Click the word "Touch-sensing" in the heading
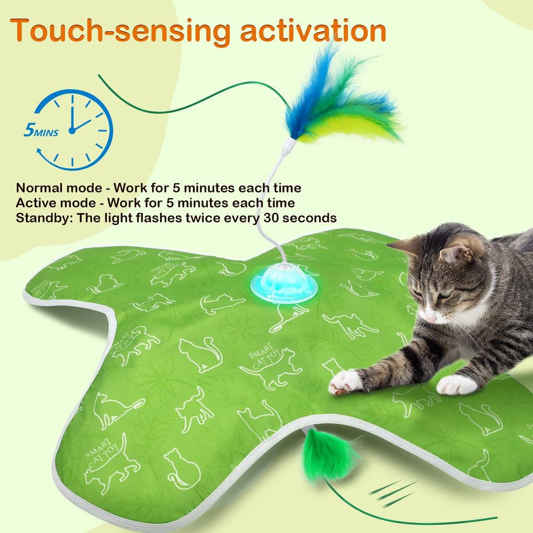(x=120, y=31)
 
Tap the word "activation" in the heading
(x=313, y=31)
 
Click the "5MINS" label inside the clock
(x=41, y=131)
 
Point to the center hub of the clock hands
(x=72, y=130)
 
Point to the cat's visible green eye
(x=446, y=293)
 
